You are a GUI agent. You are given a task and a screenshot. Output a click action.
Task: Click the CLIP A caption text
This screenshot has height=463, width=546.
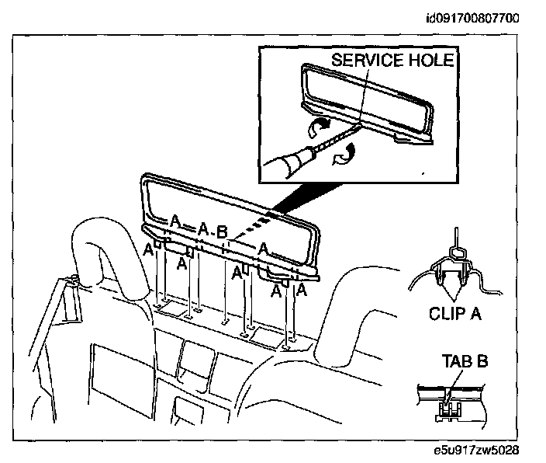click(x=456, y=314)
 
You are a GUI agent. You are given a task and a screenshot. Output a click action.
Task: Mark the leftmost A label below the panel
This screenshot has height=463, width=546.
click(x=147, y=249)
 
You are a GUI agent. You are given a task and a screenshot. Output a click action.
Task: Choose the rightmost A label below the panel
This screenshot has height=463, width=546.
click(x=301, y=291)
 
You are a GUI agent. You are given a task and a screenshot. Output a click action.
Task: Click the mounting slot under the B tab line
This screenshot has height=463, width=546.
click(x=225, y=321)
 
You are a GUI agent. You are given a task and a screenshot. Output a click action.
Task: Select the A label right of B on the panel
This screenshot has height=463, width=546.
click(x=264, y=249)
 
